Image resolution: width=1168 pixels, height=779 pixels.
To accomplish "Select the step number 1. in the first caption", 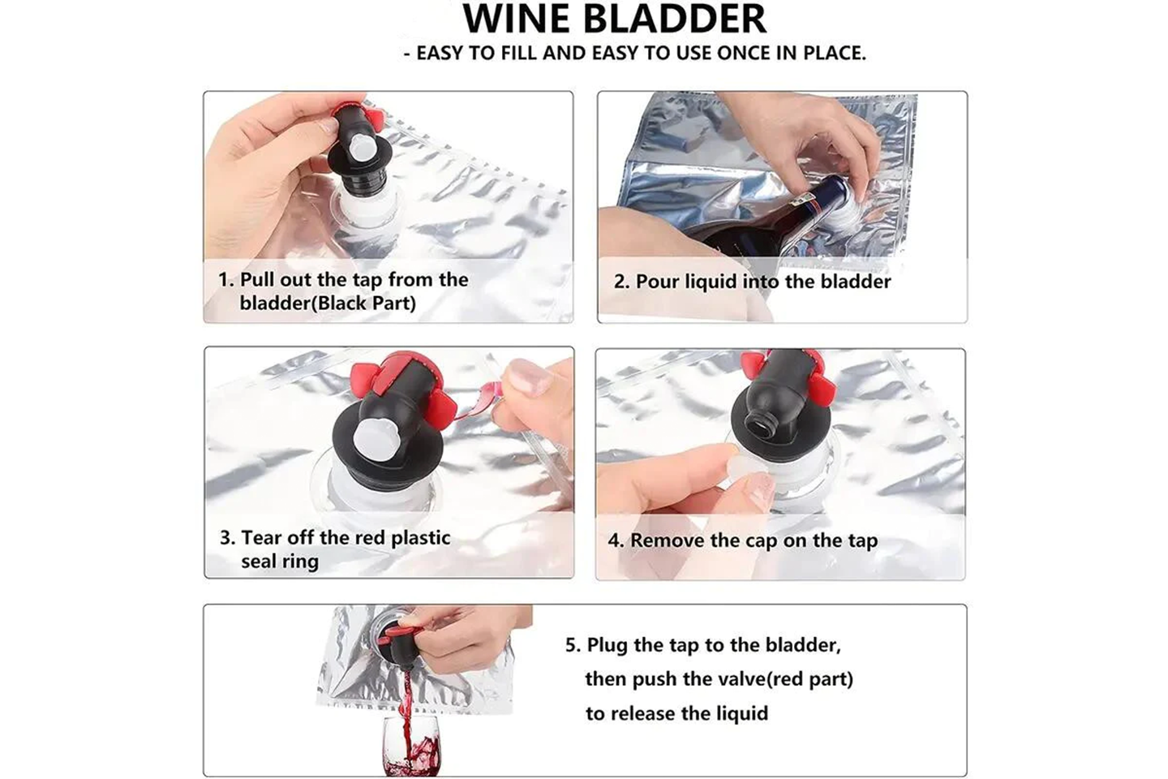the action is [226, 280].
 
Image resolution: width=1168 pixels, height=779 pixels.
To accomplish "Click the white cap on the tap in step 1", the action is [360, 151].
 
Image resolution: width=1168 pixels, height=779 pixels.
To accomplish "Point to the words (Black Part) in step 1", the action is [363, 303].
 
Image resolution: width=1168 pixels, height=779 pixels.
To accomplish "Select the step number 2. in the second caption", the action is [622, 282].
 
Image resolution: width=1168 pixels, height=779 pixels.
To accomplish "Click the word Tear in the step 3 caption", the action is [262, 537].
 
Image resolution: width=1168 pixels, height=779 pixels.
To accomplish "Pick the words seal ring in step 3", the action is [280, 562].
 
